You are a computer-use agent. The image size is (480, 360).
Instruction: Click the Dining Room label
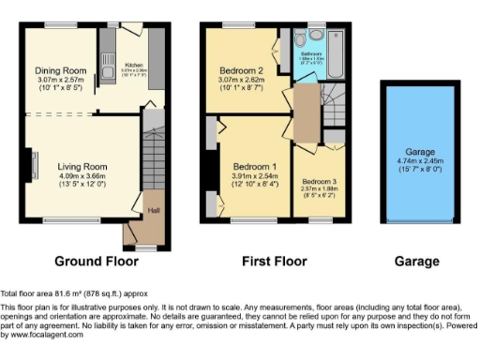coord(61,70)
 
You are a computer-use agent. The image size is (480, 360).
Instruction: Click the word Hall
coord(154,210)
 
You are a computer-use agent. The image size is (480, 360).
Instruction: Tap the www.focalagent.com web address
coord(42,335)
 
